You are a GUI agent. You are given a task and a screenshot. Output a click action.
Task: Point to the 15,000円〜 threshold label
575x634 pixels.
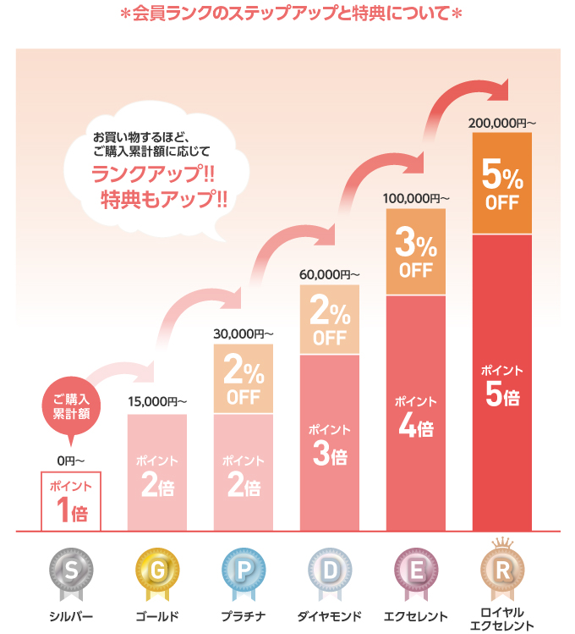click(157, 401)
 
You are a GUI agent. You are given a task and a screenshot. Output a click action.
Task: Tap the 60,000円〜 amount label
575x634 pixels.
click(330, 274)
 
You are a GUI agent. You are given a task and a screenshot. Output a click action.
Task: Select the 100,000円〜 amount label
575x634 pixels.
click(416, 198)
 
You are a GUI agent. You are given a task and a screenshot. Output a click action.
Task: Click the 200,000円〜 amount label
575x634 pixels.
click(502, 123)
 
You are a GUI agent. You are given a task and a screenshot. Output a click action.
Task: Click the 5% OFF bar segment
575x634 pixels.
click(502, 183)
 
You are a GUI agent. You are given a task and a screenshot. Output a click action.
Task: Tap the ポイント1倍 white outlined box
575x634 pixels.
click(71, 500)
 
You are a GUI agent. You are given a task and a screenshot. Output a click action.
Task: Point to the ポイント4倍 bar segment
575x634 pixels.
click(416, 415)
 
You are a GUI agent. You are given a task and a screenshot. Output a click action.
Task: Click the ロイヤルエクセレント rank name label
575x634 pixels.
click(502, 619)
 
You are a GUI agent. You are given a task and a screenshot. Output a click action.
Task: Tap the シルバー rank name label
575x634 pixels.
click(71, 615)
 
